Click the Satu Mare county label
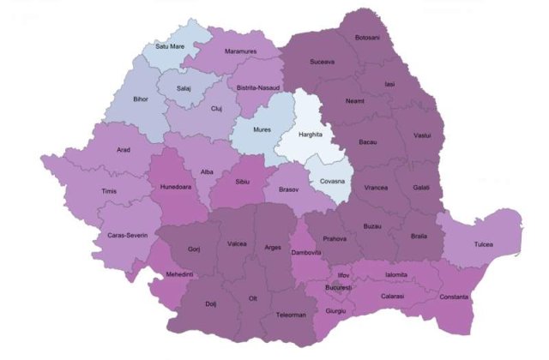pos(170,46)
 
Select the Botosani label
pos(367,37)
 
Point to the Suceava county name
pos(322,62)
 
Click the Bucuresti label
pos(339,288)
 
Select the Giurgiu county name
pos(335,310)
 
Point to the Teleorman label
pos(291,315)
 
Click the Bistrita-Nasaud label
pos(264,87)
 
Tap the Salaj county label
pos(184,88)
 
